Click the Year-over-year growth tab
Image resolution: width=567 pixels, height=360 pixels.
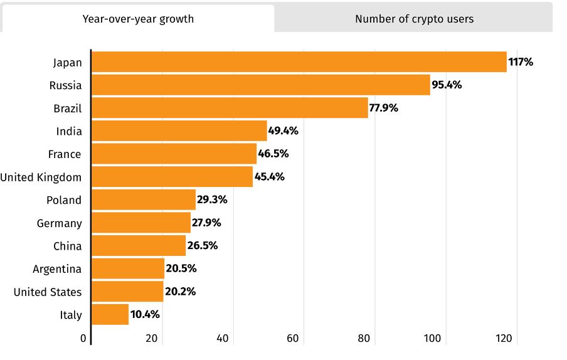point(138,19)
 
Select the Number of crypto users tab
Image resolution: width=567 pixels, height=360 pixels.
point(414,19)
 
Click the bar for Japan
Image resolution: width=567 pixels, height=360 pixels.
point(299,62)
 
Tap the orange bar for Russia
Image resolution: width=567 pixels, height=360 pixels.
point(260,85)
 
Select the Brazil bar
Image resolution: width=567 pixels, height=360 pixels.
point(230,108)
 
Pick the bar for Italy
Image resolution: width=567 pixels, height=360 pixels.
point(110,314)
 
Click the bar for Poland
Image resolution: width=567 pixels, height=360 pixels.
point(143,200)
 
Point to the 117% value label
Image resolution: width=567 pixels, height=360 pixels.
point(521,62)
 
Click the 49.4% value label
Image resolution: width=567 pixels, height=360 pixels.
point(283,131)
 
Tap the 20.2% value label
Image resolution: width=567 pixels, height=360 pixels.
point(180,292)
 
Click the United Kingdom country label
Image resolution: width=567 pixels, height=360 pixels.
point(41,177)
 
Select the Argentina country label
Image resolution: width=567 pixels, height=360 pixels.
point(57,269)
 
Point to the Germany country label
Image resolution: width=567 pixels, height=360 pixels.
point(59,223)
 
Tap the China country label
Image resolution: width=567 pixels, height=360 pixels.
point(67,246)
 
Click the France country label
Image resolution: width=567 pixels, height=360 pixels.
point(65,154)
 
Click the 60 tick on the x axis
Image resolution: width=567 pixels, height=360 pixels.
point(293,339)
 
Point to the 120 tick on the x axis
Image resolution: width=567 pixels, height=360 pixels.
point(505,339)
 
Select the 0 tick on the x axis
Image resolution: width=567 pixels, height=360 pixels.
point(83,339)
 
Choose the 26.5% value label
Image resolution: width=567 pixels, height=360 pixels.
point(202,246)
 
